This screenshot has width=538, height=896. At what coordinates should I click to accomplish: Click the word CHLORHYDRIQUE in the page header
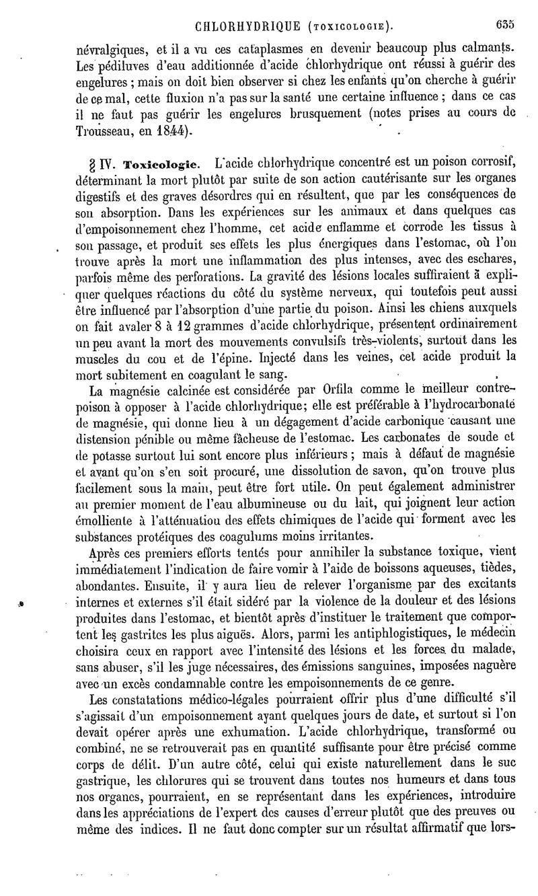[247, 28]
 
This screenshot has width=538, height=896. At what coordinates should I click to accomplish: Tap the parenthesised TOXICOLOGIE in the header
[349, 28]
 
